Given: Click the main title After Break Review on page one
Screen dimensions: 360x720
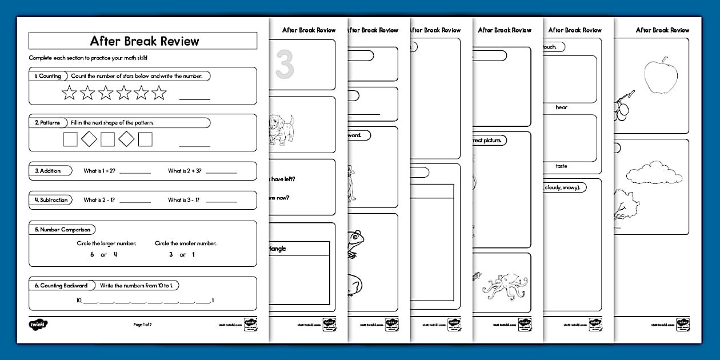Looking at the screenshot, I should tap(145, 41).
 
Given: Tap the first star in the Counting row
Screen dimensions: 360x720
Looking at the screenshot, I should tap(69, 93).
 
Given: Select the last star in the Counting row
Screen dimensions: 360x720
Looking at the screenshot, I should tap(159, 93).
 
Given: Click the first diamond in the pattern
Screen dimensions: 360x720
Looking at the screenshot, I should tap(89, 139).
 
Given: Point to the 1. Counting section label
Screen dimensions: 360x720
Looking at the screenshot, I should tap(47, 76).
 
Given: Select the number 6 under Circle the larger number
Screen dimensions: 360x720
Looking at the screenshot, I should tap(92, 255).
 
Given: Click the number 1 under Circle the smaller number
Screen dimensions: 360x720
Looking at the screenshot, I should tap(193, 255).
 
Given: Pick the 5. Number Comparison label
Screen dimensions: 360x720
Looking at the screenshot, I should tap(62, 230).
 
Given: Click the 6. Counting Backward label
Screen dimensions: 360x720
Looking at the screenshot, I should tap(61, 286).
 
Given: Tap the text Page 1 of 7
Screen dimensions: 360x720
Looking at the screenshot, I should tap(143, 325).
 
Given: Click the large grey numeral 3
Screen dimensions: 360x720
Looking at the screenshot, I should tap(284, 64).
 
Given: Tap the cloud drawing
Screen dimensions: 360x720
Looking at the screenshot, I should tap(654, 173).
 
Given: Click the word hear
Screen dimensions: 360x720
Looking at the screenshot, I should tap(561, 107).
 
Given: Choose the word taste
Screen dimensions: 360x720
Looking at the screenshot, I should tap(561, 166).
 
